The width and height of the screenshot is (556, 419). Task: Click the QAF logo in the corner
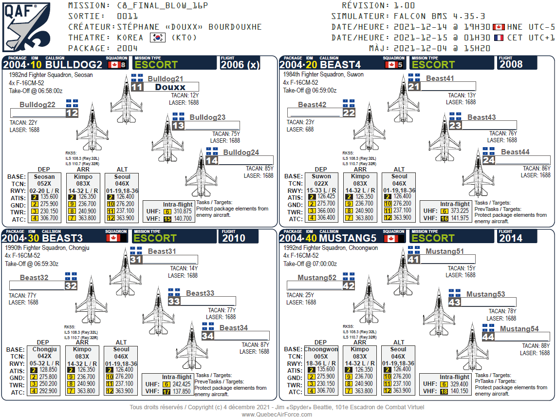coord(26,27)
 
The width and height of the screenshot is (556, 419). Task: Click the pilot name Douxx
coord(170,87)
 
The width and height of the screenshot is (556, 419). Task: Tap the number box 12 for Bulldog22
coord(72,113)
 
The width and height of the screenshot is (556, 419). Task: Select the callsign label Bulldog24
coord(241,152)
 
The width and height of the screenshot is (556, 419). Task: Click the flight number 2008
coord(511,64)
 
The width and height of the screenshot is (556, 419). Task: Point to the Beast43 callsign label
coord(482,117)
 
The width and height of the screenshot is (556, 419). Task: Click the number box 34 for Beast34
coord(207,336)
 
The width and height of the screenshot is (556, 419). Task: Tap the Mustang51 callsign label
coord(445,251)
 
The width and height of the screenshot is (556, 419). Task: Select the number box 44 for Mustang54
coord(488,337)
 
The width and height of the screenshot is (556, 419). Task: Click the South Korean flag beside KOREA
coord(156,38)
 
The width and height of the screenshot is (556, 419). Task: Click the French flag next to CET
coord(499,38)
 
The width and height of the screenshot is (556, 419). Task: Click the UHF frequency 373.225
coord(460,211)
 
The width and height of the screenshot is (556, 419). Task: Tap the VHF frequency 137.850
coord(182,391)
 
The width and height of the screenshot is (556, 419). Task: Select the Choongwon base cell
coord(321,349)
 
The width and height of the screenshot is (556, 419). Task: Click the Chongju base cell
coord(45,349)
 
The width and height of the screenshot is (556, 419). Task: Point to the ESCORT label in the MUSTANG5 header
coord(433,238)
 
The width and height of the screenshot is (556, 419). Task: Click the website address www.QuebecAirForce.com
coord(277,414)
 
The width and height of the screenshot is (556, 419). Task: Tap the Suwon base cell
coord(321,176)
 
